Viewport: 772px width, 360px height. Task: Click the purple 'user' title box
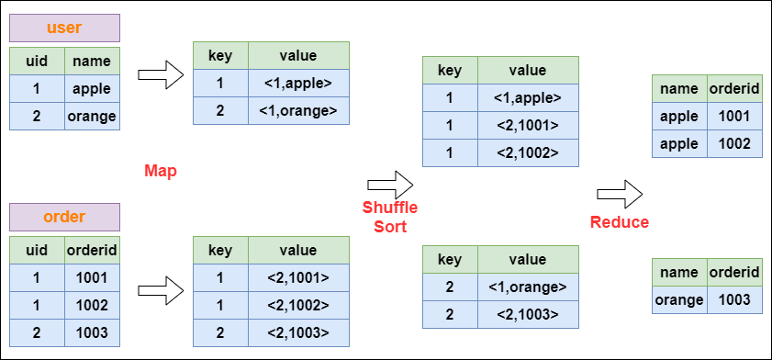[63, 28]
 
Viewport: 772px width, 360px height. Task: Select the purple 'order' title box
[63, 217]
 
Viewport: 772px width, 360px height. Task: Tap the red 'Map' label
[160, 171]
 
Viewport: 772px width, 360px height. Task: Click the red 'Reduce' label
[620, 222]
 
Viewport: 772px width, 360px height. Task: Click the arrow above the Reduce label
[620, 194]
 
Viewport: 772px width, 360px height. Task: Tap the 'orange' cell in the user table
[92, 117]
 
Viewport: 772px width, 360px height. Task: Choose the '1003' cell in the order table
[92, 332]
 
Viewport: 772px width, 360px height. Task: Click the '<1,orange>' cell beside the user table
[298, 111]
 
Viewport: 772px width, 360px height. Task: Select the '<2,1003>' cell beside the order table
[298, 332]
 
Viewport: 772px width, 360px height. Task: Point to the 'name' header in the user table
[92, 62]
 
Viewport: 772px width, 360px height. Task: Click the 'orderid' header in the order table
[92, 250]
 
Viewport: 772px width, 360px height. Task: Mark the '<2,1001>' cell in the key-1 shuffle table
[527, 126]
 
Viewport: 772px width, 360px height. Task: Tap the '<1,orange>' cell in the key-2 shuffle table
[527, 287]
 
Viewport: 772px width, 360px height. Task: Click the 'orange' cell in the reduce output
[679, 299]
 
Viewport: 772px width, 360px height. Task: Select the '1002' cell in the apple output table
[735, 144]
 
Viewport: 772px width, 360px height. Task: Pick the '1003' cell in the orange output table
[735, 299]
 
